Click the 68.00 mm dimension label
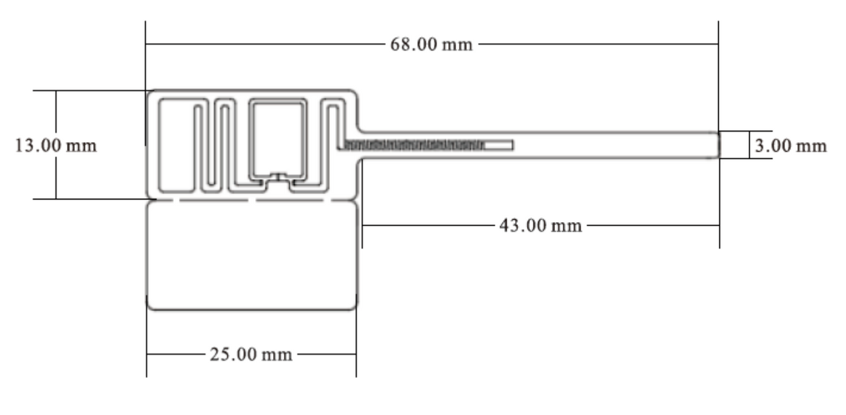(432, 44)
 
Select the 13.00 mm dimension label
(56, 146)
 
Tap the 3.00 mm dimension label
(790, 146)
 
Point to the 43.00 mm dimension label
(541, 226)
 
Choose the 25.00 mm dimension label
(251, 355)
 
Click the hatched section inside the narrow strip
(414, 145)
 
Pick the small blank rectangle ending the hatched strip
(498, 145)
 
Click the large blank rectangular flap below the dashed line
(252, 256)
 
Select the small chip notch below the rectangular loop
(278, 176)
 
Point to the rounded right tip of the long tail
(718, 145)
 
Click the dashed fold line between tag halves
(252, 200)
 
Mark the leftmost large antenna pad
(176, 145)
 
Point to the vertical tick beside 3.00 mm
(750, 145)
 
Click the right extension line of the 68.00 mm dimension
(718, 75)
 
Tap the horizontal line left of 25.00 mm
(176, 354)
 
